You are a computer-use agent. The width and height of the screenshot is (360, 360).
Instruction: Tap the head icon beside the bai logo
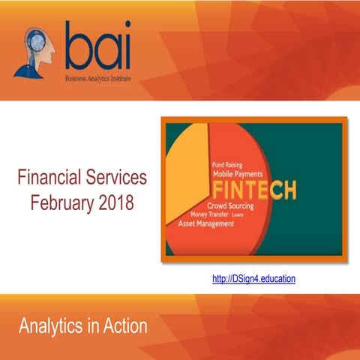click(33, 51)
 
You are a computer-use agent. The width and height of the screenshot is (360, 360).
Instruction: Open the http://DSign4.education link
click(254, 278)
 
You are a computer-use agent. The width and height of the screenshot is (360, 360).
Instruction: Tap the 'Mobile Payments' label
click(241, 173)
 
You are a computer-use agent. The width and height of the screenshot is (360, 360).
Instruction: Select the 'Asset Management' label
click(208, 223)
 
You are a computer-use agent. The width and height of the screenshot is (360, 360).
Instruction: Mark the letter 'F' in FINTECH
click(217, 188)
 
